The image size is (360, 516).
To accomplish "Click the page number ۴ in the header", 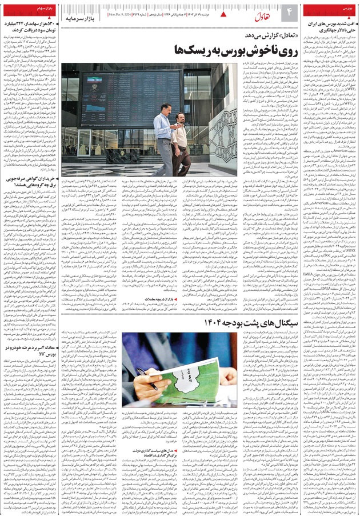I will tap(289, 11).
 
